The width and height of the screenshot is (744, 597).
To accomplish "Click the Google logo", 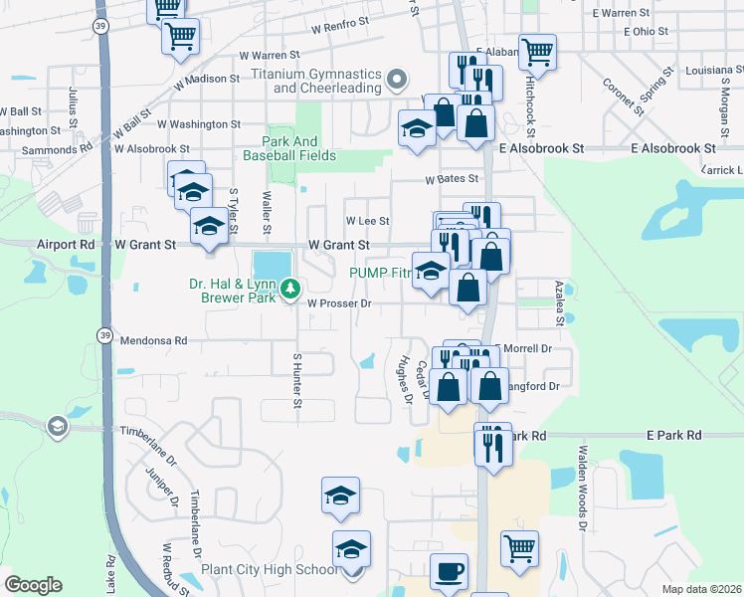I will [34, 585].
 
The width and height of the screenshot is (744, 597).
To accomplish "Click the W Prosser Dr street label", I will [338, 304].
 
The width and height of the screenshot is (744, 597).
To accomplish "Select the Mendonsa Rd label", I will [153, 340].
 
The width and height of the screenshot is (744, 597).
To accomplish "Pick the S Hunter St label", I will [296, 380].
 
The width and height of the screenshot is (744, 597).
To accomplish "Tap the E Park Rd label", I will [673, 436].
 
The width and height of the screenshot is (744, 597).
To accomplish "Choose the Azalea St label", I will [559, 301].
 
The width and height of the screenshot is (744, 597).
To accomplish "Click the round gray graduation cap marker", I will [57, 427].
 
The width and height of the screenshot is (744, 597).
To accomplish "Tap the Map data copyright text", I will [701, 589].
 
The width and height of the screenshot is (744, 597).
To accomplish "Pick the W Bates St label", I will [452, 180].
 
